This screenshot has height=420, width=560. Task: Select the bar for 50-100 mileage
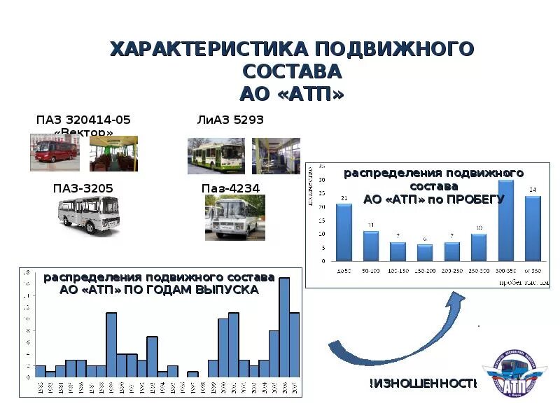point(371,246)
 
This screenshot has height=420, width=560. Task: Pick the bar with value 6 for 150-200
point(425,253)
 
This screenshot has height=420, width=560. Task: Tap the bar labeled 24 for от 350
point(533,228)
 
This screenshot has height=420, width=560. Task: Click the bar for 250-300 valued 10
point(479,247)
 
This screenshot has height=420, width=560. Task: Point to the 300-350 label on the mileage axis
point(505,269)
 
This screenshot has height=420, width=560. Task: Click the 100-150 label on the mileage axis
point(398,269)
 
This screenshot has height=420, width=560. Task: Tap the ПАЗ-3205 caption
point(83,188)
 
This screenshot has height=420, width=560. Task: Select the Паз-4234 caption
point(230,188)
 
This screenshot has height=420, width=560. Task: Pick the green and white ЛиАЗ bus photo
point(216,155)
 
